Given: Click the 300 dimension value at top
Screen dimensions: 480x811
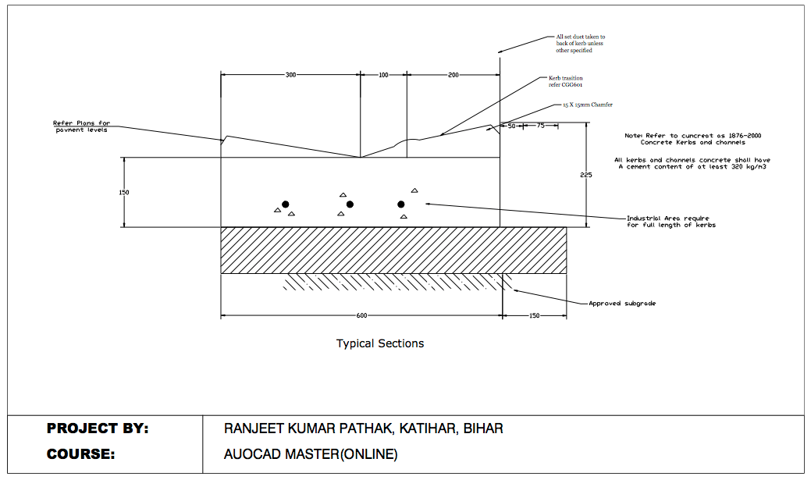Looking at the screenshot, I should point(290,75).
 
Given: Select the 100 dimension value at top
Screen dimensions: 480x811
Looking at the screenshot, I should point(383,75).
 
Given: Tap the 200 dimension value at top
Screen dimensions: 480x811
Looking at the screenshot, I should point(454,75).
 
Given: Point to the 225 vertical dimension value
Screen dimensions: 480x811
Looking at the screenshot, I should point(586,175).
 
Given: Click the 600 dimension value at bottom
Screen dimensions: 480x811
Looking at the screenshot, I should point(361,315).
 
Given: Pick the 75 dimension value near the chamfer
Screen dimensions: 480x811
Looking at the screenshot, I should point(539,125).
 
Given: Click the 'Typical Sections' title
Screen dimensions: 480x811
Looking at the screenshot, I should point(380,343).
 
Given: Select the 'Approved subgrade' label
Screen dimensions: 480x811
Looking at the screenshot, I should point(622,303).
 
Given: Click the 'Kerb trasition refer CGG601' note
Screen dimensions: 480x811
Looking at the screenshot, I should point(566,81).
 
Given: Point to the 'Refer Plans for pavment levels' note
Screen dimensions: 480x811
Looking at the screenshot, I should point(81,126).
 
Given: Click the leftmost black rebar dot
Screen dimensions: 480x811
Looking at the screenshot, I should point(286,204).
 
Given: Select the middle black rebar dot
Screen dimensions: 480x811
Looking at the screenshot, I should point(350,204).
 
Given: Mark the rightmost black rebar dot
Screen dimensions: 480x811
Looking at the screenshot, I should point(401,204).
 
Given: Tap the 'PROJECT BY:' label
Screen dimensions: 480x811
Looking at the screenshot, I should point(98,428).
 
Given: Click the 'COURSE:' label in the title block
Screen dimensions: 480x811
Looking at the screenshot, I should point(80,454).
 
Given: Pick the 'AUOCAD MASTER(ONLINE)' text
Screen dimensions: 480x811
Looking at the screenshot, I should point(311,454).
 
